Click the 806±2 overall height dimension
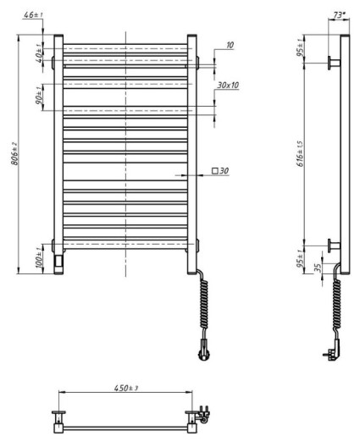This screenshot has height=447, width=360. (x=11, y=154)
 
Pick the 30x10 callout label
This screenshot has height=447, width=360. (x=228, y=86)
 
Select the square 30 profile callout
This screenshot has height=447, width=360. (x=220, y=172)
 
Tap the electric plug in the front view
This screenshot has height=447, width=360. (x=204, y=346)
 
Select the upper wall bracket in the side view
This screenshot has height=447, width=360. (x=334, y=63)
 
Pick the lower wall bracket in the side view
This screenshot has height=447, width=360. (x=334, y=245)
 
